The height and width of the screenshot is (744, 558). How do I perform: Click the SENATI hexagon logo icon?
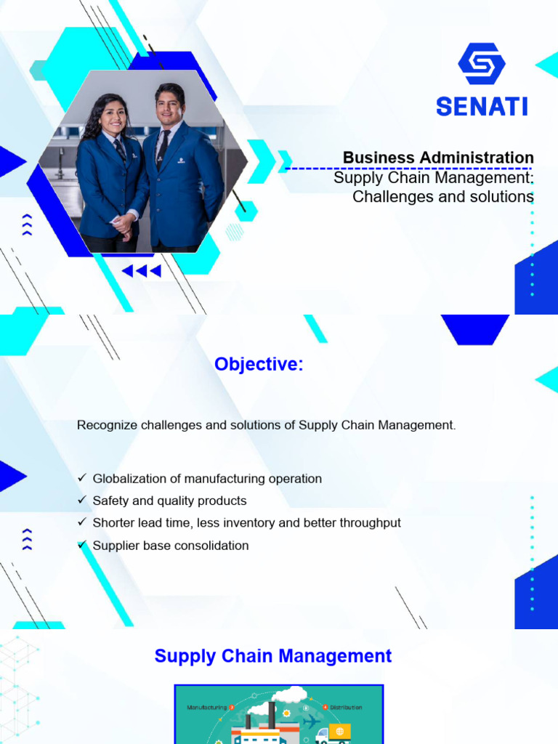click(481, 64)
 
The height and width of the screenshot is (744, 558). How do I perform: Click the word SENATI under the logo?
click(481, 107)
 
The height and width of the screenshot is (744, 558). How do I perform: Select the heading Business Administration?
click(438, 158)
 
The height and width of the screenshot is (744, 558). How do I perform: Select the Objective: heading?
click(259, 364)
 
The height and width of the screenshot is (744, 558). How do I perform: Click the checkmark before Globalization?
click(81, 479)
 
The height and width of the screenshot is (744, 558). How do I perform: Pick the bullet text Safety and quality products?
click(169, 501)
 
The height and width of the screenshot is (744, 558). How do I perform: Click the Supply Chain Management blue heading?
click(273, 656)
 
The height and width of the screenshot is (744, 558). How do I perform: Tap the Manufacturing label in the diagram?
click(206, 707)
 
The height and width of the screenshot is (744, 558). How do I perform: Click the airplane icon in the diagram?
click(311, 721)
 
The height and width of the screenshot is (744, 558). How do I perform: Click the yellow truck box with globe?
click(339, 731)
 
